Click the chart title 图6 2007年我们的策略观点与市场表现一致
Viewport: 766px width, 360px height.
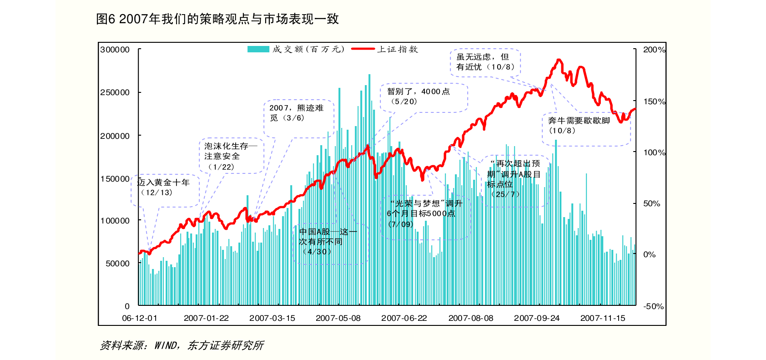point(217,19)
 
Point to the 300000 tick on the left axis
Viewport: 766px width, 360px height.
point(115,50)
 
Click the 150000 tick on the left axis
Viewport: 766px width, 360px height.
point(115,179)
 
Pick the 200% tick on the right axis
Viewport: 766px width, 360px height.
point(654,50)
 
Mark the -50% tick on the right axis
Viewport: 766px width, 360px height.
point(653,306)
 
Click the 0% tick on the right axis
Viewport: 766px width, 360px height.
point(650,254)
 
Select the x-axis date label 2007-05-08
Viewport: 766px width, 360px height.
point(338,318)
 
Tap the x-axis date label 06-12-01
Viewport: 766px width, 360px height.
point(140,318)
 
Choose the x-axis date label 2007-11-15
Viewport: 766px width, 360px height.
point(603,318)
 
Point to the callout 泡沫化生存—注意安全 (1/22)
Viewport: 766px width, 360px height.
point(231,156)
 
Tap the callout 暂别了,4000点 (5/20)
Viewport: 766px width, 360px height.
point(418,96)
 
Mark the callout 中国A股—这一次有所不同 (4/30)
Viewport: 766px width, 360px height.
point(328,242)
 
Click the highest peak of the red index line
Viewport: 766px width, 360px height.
point(559,60)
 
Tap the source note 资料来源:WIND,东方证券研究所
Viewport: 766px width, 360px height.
point(181,345)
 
